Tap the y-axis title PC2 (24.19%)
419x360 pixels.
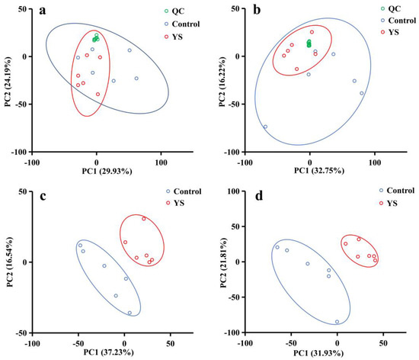click(7, 79)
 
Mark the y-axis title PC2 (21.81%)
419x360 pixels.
click(220, 259)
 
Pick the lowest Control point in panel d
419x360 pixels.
click(337, 322)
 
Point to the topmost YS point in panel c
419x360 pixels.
click(143, 219)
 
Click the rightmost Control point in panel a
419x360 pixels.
click(137, 79)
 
